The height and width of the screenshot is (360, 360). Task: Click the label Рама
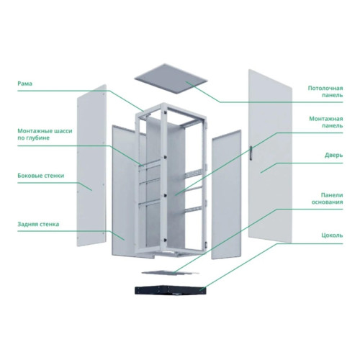pos(24,84)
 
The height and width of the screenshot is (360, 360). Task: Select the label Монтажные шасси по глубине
pos(45,135)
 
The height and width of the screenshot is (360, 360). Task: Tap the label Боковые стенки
pos(41,176)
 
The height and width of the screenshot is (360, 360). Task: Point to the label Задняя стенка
pos(38,224)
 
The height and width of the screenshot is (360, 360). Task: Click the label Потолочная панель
pos(325,91)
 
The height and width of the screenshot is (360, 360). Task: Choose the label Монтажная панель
pos(326,122)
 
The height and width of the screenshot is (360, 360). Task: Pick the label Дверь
pos(334,155)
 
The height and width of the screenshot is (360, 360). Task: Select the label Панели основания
pos(328,199)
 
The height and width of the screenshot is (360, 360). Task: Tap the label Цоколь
pos(332,235)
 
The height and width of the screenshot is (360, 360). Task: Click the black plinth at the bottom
pos(171,290)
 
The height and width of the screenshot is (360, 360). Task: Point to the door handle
pos(251,153)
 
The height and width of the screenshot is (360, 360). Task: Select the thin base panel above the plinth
pos(171,272)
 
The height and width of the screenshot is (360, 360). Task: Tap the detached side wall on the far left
pos(91,166)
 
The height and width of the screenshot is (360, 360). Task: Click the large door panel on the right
pos(270,156)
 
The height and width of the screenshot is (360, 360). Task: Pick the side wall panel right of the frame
pos(226,194)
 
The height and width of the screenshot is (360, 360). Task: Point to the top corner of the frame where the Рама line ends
pos(143,111)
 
